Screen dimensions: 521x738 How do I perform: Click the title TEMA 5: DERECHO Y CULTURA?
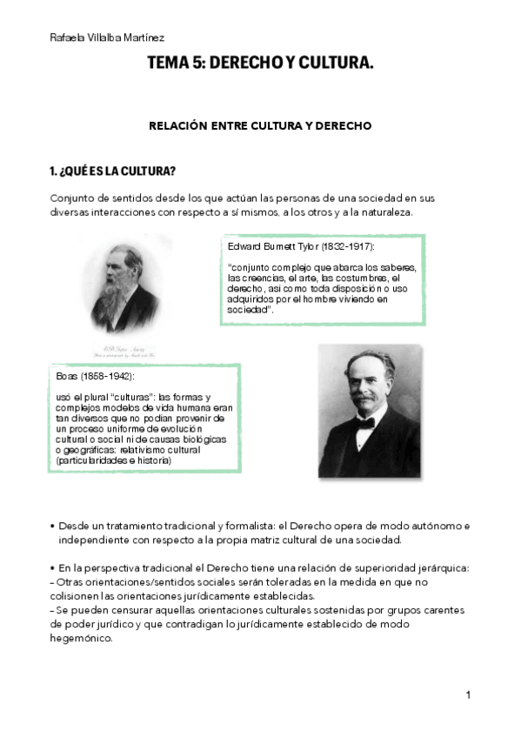click(x=260, y=63)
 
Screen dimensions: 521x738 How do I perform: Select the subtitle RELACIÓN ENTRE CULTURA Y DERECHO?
click(x=260, y=125)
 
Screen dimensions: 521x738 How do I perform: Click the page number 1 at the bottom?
click(x=468, y=694)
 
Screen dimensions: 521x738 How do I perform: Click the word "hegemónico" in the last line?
click(x=81, y=637)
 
